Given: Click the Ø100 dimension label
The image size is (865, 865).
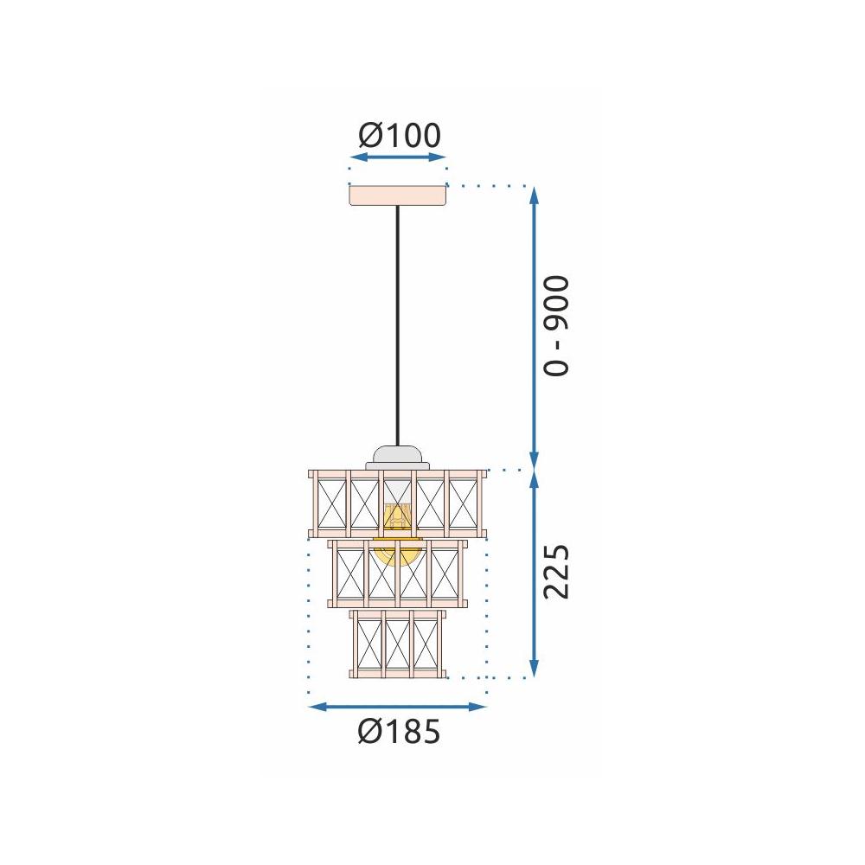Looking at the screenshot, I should [399, 135].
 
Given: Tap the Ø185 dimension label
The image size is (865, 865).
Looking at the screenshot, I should [399, 732].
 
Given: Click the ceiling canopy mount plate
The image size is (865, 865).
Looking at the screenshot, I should [398, 195].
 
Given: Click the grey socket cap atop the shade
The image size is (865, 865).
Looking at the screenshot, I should [397, 455].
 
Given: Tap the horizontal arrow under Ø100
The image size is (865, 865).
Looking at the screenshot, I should [398, 157].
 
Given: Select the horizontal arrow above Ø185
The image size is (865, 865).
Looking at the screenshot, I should [398, 707].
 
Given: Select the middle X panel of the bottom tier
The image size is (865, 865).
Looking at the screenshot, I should [398, 644].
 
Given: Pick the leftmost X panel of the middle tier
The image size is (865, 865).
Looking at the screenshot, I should [350, 573].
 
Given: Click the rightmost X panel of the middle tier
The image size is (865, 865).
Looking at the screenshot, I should [445, 573].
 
